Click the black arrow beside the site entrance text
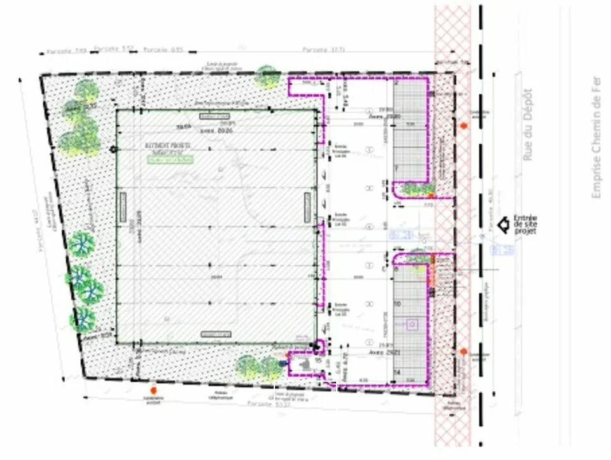click(503, 224)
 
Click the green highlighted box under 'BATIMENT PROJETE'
click(170, 161)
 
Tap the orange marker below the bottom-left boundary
click(153, 389)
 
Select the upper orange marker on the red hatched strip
click(464, 126)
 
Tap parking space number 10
click(397, 305)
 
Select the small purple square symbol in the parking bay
click(412, 324)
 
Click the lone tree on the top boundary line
click(267, 76)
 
